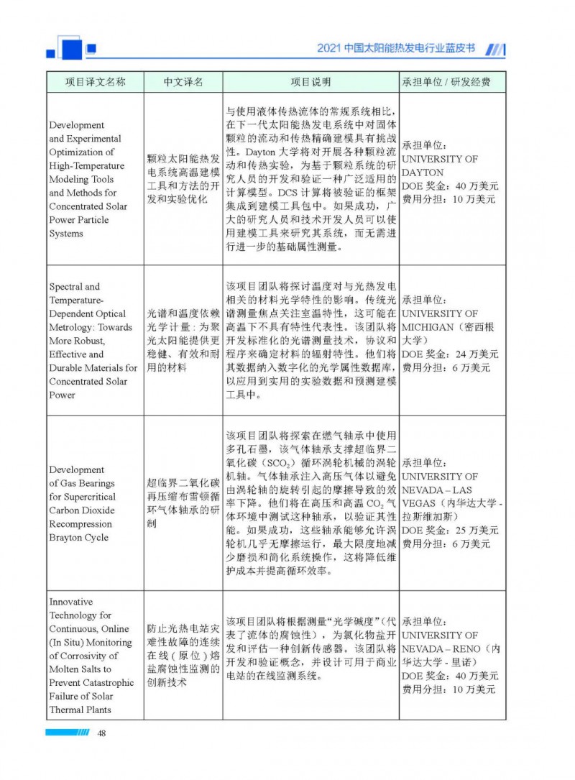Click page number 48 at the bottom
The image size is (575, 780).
point(102,733)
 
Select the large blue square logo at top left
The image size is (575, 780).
point(71,49)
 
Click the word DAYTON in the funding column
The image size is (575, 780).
point(423,173)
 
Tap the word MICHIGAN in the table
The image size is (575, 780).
point(430,327)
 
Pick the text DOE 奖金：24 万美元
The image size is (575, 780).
point(450,354)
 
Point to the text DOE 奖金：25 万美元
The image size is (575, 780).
point(450,531)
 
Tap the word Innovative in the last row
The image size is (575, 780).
point(71,602)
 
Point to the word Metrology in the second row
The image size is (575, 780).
point(72,327)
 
